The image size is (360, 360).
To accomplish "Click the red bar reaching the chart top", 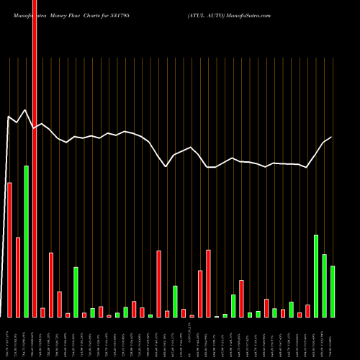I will coord(35,144).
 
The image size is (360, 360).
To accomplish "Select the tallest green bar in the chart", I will coord(26,241).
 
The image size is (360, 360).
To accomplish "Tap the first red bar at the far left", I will coord(9,250).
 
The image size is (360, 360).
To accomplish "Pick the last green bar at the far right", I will coord(333,292).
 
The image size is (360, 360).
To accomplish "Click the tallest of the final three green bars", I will coord(316,276).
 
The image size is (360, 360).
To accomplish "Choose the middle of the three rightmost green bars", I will coord(324,286).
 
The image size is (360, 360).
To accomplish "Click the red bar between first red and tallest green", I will coord(18,277).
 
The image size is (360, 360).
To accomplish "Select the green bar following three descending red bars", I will coord(76,292).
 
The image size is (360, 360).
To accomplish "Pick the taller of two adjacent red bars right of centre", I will coord(208,284).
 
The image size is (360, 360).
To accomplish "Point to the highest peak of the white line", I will coord(26,110).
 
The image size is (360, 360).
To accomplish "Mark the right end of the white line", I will coord(331,138).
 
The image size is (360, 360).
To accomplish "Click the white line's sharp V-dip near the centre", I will coord(166,166).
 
